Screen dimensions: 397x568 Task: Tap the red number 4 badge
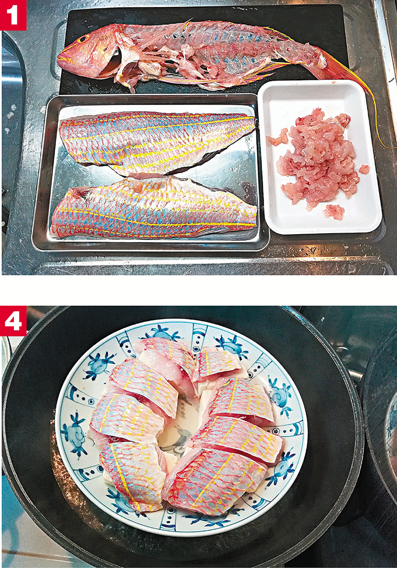(13, 321)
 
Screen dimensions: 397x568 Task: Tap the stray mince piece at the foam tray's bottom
(334, 212)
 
